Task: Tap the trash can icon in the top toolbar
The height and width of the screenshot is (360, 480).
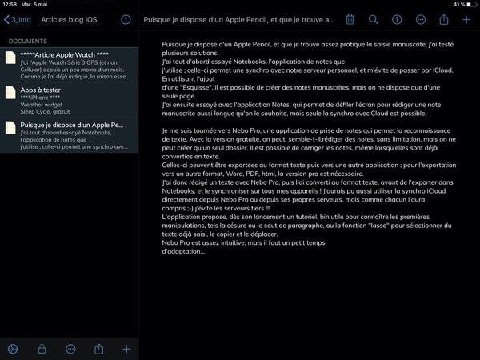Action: pos(350,18)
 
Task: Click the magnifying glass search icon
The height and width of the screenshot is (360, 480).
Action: pos(374,18)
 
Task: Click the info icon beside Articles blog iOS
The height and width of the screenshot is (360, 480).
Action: pos(126,18)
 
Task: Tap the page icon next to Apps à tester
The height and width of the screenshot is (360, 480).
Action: pos(10,98)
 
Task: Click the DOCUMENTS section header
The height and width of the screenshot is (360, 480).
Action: pos(26,40)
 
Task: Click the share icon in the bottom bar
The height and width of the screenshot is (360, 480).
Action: pos(99,349)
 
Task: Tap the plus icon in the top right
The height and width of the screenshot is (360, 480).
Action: pos(467,18)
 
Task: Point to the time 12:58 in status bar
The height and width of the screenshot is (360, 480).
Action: pos(10,4)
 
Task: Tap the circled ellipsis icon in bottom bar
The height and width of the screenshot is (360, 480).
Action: pos(70,349)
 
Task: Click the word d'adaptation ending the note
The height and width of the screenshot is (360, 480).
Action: pos(182,251)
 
